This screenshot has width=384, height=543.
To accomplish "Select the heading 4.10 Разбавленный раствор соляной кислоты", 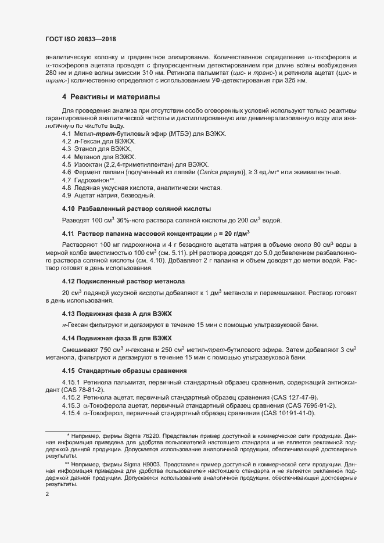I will tap(137, 208).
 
